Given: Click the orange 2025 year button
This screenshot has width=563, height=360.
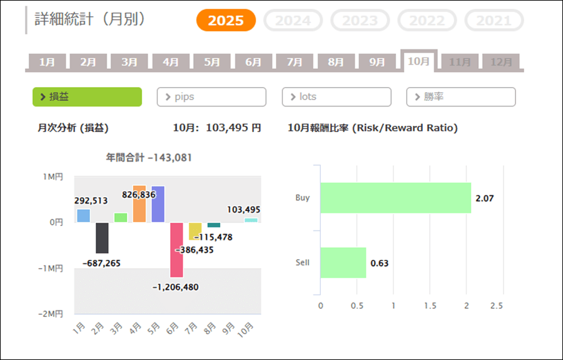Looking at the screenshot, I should click(226, 21).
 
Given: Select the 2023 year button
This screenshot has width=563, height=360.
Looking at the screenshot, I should click(360, 21).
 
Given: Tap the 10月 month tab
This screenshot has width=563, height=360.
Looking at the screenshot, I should click(418, 61).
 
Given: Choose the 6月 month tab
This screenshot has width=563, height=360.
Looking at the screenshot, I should click(253, 62).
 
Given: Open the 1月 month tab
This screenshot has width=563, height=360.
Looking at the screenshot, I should click(47, 62).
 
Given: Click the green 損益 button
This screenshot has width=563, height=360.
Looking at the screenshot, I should click(87, 97).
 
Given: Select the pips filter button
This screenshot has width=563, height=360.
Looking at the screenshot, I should click(211, 97).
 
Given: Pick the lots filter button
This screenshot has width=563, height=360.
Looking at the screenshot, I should click(336, 97).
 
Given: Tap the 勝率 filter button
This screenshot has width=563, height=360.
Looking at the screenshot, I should click(460, 97).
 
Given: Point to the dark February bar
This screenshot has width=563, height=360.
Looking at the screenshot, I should click(102, 238).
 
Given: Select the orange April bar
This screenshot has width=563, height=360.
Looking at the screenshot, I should click(139, 204).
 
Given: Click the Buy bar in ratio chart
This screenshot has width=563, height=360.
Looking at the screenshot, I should click(395, 198).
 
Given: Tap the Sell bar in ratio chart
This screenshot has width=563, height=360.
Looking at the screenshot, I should click(343, 263).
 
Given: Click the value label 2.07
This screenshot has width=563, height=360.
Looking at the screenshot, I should click(484, 198).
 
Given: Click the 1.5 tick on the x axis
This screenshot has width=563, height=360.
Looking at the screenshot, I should click(430, 306).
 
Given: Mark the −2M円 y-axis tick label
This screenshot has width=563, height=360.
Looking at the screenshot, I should click(52, 314).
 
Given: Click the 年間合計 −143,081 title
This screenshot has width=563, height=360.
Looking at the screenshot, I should click(149, 158).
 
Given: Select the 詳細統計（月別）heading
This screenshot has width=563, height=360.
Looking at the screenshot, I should click(90, 20).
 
